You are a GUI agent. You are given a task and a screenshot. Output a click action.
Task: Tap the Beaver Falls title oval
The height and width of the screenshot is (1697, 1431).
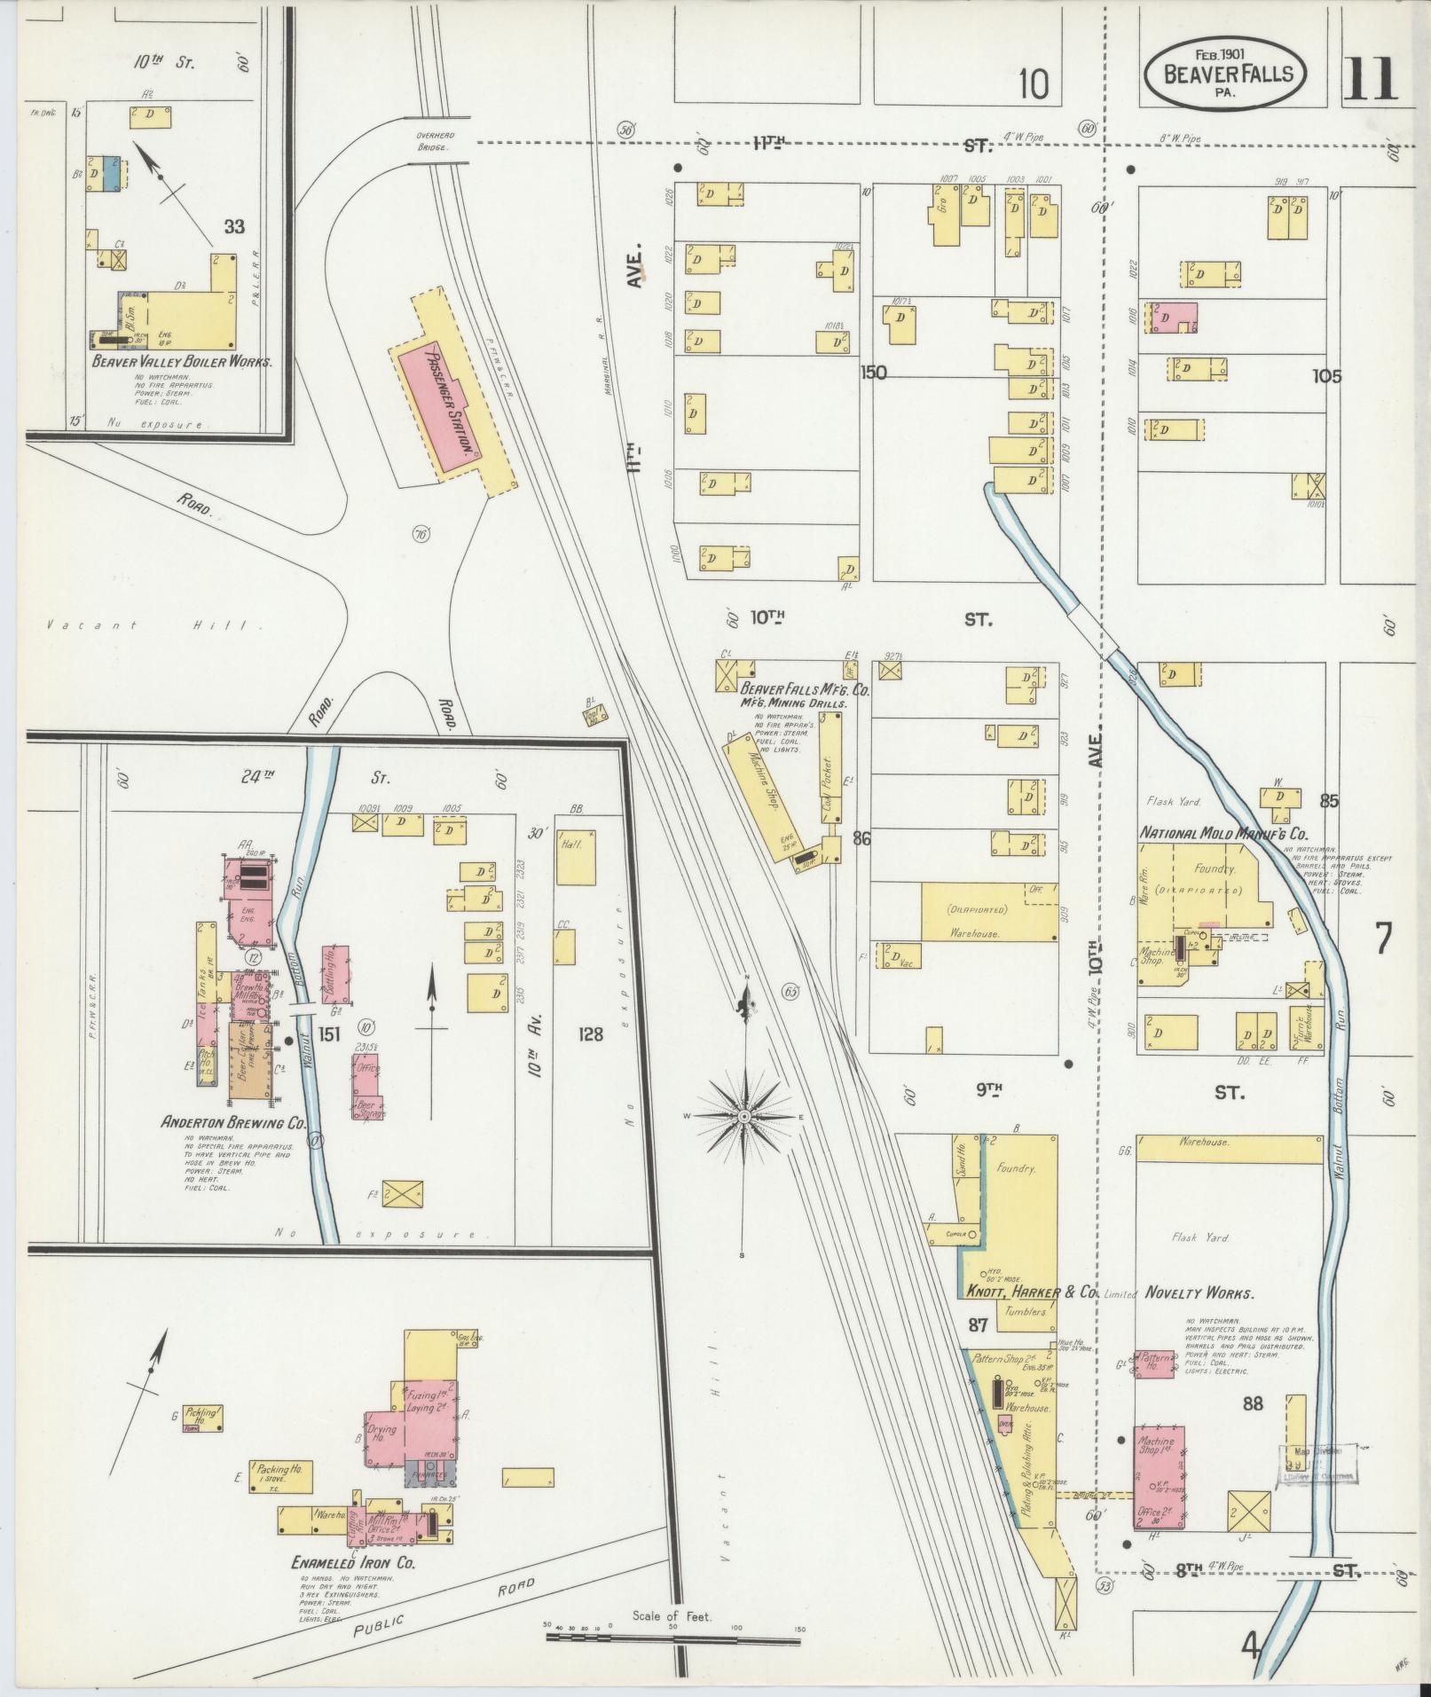pos(1225,75)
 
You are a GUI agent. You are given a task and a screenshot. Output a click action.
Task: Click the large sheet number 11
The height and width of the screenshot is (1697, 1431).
pos(1371,78)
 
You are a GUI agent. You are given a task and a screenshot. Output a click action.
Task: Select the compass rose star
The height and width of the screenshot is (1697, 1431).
pos(743,1115)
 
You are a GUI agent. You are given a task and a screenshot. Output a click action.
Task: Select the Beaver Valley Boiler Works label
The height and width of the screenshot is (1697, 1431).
pos(182,362)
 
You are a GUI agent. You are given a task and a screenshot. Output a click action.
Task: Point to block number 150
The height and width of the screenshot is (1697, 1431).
pos(874,373)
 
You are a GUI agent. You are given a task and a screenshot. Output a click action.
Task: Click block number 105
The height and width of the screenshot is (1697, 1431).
pos(1326,376)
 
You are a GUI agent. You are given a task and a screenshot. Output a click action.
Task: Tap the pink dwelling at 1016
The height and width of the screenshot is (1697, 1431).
pos(1174,317)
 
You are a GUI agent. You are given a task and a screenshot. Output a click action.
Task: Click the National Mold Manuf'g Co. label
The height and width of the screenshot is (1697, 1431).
pos(1223,834)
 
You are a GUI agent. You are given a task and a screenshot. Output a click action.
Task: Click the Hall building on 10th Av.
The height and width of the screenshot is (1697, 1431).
pos(576,857)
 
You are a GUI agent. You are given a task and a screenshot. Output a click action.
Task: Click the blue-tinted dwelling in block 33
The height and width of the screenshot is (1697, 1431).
pos(111,173)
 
